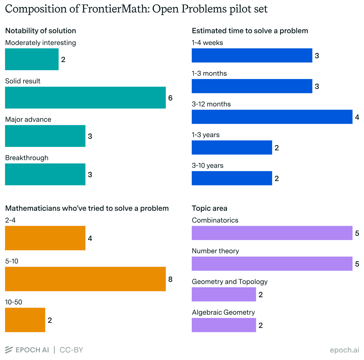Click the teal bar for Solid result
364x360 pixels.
pyautogui.click(x=85, y=98)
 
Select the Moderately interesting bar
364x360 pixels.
pyautogui.click(x=32, y=59)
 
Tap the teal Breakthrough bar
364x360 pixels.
pyautogui.click(x=45, y=174)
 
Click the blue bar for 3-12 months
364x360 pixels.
pyautogui.click(x=272, y=117)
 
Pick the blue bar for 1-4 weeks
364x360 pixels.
pyautogui.click(x=252, y=55)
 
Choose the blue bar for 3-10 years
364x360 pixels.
pyautogui.click(x=232, y=178)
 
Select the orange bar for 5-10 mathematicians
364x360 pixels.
pyautogui.click(x=85, y=279)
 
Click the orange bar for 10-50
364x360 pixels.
pyautogui.click(x=25, y=320)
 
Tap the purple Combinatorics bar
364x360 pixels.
pyautogui.click(x=272, y=233)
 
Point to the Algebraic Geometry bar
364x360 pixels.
pyautogui.click(x=224, y=325)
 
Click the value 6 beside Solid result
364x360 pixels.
pyautogui.click(x=170, y=98)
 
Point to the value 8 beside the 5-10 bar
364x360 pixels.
pyautogui.click(x=170, y=279)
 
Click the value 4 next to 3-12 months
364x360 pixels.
pyautogui.click(x=357, y=117)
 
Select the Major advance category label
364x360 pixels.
pyautogui.click(x=28, y=120)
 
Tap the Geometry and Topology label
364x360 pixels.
pyautogui.click(x=229, y=282)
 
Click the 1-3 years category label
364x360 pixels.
pyautogui.click(x=206, y=135)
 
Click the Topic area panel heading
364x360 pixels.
pyautogui.click(x=209, y=208)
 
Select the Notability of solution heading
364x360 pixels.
pyautogui.click(x=41, y=31)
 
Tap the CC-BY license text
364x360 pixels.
pyautogui.click(x=71, y=350)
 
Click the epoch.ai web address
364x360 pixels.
pyautogui.click(x=345, y=350)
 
